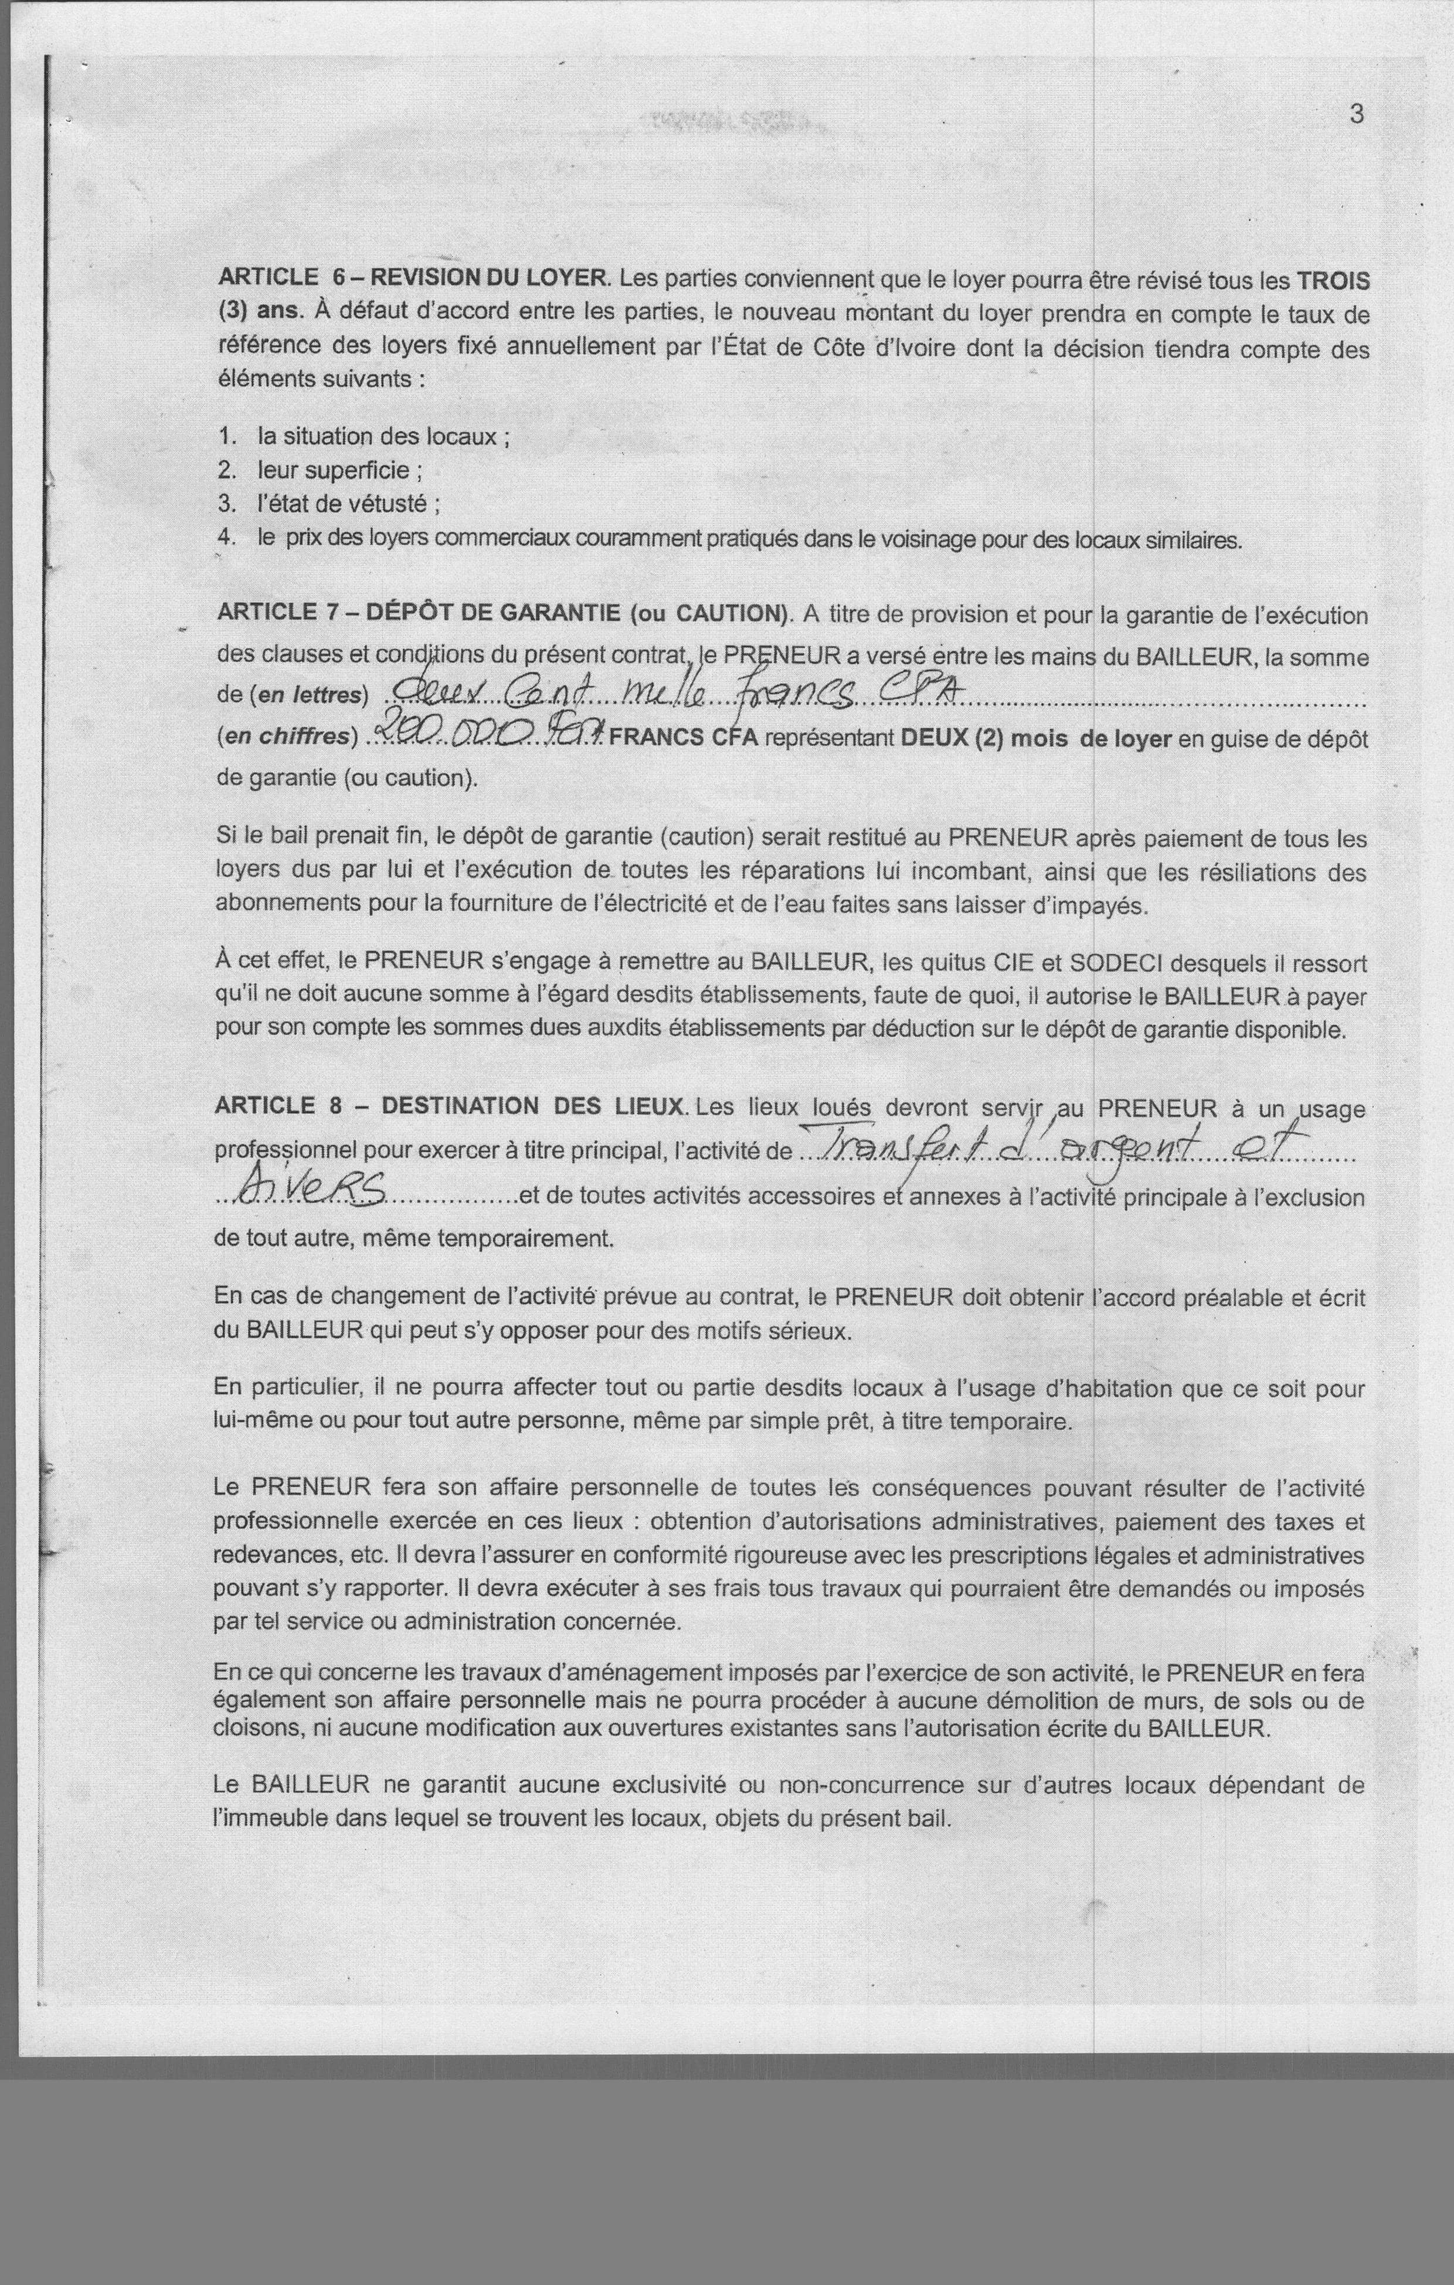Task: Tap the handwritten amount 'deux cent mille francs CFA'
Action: pos(664,695)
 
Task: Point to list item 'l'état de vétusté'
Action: pos(348,504)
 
